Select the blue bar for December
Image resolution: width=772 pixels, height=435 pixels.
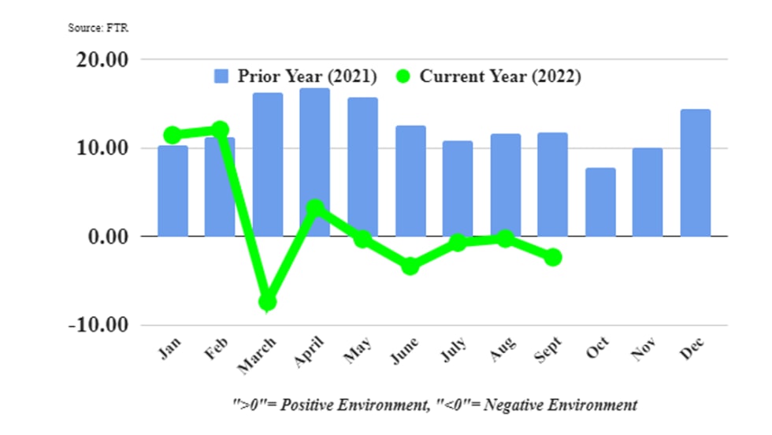695,173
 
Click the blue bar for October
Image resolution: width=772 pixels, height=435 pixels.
600,202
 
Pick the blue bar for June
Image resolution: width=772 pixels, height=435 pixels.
410,180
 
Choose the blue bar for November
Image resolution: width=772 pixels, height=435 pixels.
648,191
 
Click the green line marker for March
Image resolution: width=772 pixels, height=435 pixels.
268,301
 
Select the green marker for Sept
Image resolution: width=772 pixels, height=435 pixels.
553,257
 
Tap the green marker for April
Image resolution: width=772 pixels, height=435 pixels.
315,208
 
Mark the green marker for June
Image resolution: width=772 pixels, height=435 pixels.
410,266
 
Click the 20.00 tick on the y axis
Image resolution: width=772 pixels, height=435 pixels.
100,61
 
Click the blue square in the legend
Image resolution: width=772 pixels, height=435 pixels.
221,76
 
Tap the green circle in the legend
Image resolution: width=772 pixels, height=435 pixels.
403,76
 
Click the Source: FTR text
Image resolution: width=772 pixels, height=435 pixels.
98,28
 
